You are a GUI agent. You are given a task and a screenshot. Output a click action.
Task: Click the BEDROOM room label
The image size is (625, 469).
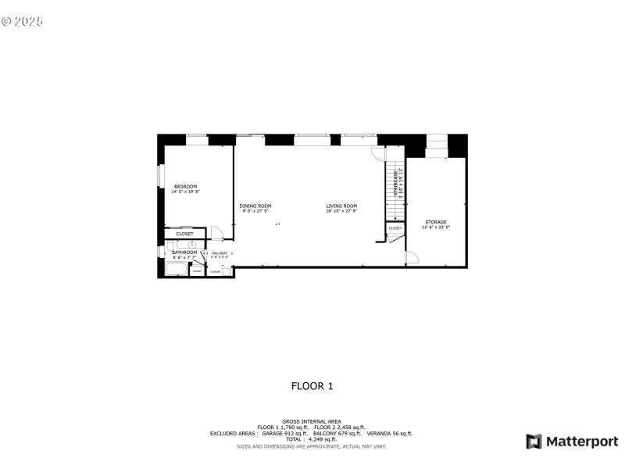click(185, 186)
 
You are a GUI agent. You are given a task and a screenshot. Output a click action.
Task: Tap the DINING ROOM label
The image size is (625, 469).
click(255, 206)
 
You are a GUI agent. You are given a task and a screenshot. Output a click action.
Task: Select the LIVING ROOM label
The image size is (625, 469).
click(341, 206)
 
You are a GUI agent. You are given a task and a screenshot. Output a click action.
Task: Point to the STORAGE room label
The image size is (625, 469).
click(436, 222)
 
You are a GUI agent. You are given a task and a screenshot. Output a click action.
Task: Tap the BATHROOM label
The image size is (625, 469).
click(184, 252)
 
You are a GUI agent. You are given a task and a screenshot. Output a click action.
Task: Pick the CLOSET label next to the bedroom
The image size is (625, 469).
click(184, 234)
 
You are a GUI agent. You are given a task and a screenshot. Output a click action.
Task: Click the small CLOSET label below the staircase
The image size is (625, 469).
click(395, 228)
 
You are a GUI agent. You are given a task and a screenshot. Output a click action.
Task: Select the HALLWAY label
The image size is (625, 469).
click(219, 252)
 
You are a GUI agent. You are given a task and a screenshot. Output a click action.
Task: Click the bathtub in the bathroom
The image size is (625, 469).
click(176, 270)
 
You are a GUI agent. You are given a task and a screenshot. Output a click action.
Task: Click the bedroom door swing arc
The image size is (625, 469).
click(218, 232)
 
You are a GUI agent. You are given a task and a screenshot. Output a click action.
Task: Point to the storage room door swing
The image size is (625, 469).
click(412, 258)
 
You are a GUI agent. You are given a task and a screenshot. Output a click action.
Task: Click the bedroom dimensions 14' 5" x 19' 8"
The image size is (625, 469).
click(186, 192)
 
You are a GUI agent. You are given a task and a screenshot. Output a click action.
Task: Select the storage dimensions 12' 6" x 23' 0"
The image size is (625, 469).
click(436, 227)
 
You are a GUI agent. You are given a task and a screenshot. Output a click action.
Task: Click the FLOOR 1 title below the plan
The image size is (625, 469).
click(312, 385)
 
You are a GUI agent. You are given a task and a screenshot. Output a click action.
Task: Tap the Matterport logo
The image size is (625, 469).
click(572, 442)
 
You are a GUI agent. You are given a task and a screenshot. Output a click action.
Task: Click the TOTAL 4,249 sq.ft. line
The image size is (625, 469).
click(312, 439)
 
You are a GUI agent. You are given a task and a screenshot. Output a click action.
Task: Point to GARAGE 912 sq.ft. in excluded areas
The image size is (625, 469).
click(284, 433)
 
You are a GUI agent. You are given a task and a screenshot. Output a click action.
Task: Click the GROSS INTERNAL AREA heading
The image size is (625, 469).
click(312, 421)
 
